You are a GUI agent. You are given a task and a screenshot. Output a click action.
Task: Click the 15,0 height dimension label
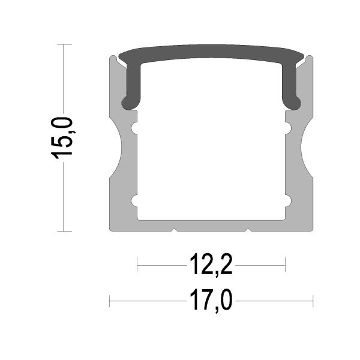[x=62, y=137]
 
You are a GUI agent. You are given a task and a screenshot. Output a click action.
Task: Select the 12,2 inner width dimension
[x=211, y=265]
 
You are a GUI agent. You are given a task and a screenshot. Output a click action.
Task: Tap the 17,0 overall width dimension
[x=211, y=301]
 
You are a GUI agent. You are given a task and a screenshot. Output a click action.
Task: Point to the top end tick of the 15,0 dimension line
[x=64, y=44]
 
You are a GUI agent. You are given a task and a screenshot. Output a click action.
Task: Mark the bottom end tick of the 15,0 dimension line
[x=64, y=231]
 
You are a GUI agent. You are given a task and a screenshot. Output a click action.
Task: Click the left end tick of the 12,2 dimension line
[x=137, y=265]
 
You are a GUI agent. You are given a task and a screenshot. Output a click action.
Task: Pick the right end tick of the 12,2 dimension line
[x=285, y=265]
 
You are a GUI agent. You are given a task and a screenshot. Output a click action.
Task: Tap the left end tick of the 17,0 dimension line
[x=110, y=301]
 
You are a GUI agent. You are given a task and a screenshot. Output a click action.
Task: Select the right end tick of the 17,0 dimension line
[x=313, y=301]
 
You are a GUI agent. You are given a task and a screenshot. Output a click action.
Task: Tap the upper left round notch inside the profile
[x=135, y=127]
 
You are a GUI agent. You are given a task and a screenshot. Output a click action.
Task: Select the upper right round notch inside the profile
[x=288, y=127]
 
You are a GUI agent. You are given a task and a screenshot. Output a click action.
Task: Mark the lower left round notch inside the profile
[x=135, y=201]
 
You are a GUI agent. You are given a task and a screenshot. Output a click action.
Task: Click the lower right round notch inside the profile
[x=288, y=201]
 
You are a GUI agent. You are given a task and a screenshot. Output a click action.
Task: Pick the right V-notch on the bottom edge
[x=248, y=229]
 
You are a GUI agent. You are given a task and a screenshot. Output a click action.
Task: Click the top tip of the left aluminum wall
[x=112, y=58]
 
